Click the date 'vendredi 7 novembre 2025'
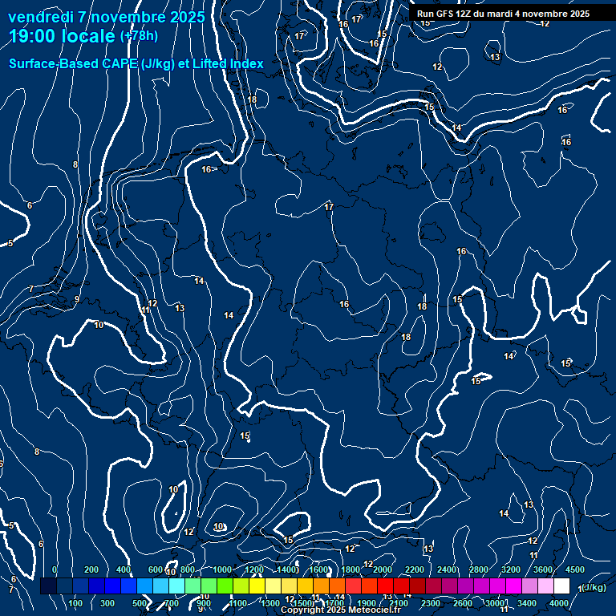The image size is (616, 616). (107, 17)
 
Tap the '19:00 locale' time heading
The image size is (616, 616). (63, 36)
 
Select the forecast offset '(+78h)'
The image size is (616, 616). (139, 36)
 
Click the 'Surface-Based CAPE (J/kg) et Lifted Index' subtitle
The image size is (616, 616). (136, 63)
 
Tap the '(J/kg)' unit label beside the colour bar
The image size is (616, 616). (594, 587)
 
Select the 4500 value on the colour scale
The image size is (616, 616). (575, 569)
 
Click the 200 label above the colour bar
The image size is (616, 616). (91, 569)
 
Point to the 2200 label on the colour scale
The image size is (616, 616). (415, 569)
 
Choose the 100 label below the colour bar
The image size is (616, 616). (76, 603)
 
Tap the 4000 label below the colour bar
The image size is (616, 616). (560, 603)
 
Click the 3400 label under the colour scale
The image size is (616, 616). (527, 603)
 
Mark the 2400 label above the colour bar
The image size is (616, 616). (447, 569)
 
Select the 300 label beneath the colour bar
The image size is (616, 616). (108, 603)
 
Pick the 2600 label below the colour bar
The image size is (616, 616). (463, 603)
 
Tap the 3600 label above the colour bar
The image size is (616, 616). (543, 569)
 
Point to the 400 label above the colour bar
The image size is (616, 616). (124, 569)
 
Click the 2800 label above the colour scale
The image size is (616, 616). (479, 569)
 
